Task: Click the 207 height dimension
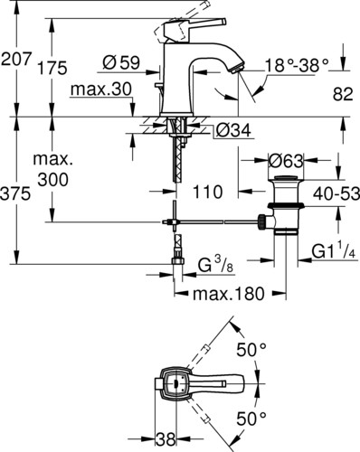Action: pyautogui.click(x=16, y=58)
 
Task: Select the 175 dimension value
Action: pyautogui.click(x=52, y=68)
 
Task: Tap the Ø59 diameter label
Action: pyautogui.click(x=121, y=62)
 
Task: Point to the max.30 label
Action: pyautogui.click(x=100, y=89)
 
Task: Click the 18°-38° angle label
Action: pyautogui.click(x=297, y=65)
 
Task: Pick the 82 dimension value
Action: pyautogui.click(x=343, y=94)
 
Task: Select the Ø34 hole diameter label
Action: pyautogui.click(x=233, y=130)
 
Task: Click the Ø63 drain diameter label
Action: pyautogui.click(x=286, y=161)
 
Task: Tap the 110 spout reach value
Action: pyautogui.click(x=207, y=192)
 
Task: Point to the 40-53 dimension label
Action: pyautogui.click(x=336, y=193)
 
